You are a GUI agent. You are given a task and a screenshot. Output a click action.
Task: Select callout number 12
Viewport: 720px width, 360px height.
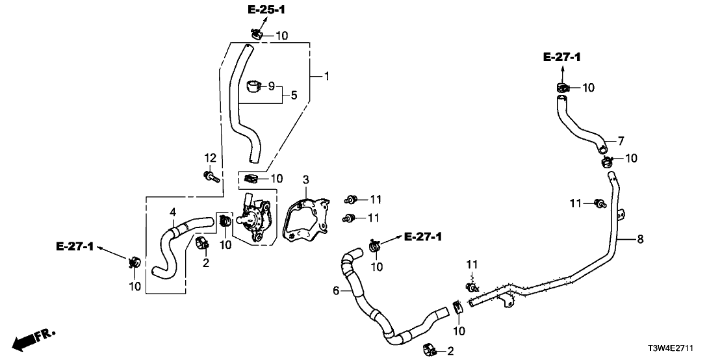coord(210,157)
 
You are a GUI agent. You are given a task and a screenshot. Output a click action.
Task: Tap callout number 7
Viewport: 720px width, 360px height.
coord(621,140)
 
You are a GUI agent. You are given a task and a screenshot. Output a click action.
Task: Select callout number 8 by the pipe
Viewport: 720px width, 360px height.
coord(640,240)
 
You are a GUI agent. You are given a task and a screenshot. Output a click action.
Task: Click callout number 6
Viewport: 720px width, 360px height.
coord(337,291)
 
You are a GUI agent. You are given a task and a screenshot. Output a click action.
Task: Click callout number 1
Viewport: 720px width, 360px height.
coord(326,77)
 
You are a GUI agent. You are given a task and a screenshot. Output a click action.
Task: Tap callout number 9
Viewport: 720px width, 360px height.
coord(271,85)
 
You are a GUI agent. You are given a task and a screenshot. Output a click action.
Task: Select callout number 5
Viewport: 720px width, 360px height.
coord(294,94)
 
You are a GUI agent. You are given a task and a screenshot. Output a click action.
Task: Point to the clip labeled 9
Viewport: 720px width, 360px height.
coord(254,85)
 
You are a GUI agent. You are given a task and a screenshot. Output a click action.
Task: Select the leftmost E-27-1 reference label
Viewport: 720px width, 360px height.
coord(75,246)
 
